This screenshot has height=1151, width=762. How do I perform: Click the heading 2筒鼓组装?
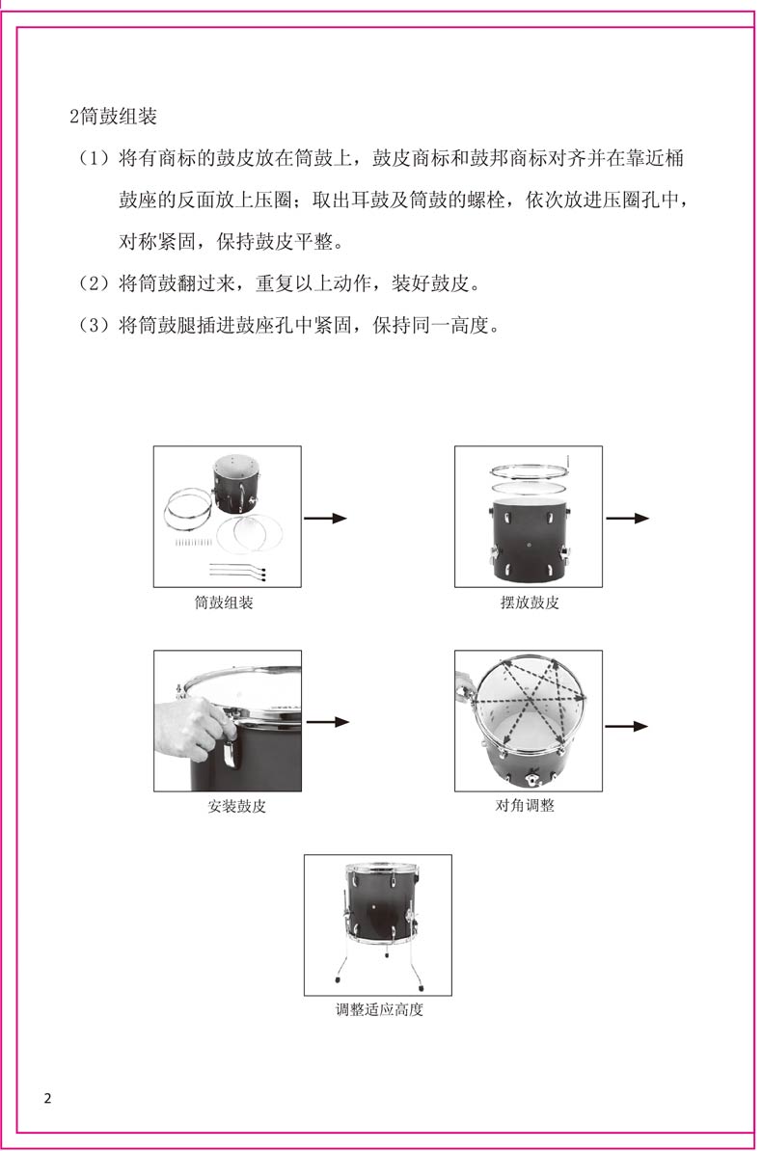coord(113,116)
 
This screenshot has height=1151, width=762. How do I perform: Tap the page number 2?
coord(48,1098)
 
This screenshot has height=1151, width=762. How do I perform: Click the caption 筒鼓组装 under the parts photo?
coord(224,602)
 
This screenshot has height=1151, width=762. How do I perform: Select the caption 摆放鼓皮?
coord(530,602)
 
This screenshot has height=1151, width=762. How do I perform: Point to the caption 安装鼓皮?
coord(236,806)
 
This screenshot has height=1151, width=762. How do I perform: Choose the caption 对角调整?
coord(525,805)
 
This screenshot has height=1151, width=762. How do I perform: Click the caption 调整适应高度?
coord(379,1009)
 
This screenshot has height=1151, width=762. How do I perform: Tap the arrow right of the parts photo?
coord(325,519)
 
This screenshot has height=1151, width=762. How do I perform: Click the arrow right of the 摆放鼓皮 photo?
coord(628,519)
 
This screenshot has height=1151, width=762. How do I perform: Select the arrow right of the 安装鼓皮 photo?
coord(328,722)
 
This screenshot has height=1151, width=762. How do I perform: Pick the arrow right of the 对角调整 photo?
coord(626,727)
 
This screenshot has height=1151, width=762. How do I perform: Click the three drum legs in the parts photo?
coord(237,571)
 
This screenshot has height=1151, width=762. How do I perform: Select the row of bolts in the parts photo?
coord(193,543)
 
